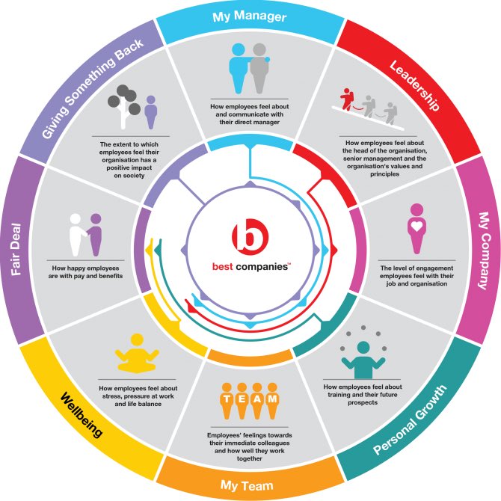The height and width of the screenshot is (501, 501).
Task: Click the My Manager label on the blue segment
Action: point(249,16)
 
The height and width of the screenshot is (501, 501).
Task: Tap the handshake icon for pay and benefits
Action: point(85,230)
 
